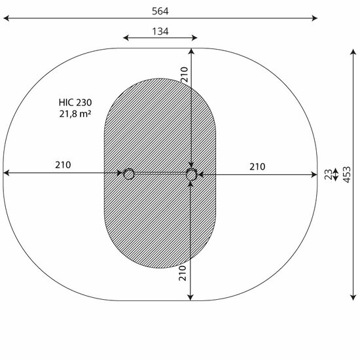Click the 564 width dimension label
(x=160, y=11)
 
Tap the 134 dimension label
(x=160, y=31)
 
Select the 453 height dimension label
(x=347, y=175)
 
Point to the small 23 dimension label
(x=329, y=175)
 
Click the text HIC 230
(x=75, y=102)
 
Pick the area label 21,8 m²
(x=75, y=114)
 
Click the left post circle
(x=129, y=174)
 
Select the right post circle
(x=192, y=175)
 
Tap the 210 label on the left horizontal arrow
(x=63, y=165)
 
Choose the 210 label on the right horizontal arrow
(x=257, y=167)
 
